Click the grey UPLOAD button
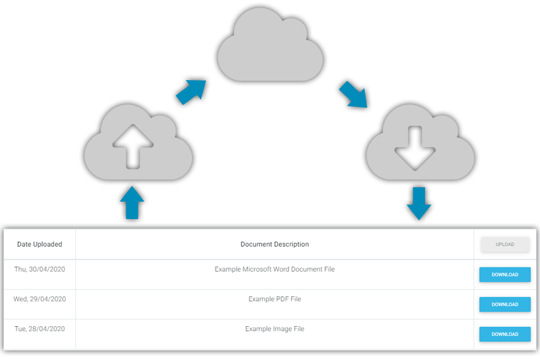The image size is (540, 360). coord(505,245)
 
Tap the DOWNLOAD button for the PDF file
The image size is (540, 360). coord(505,304)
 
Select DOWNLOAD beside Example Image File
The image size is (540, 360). coord(505,334)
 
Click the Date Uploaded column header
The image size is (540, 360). coord(39,245)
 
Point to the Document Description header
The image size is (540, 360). coord(274,245)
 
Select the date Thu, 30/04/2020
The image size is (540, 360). coord(39,269)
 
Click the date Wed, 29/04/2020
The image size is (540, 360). coord(39,299)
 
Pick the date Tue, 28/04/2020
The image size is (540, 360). coord(39,329)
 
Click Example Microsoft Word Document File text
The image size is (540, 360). coord(274,269)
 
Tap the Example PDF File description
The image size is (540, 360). coord(274,299)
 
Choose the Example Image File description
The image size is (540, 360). coord(274,329)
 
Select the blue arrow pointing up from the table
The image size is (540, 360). coord(132,204)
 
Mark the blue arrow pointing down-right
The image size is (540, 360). coord(353,95)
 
